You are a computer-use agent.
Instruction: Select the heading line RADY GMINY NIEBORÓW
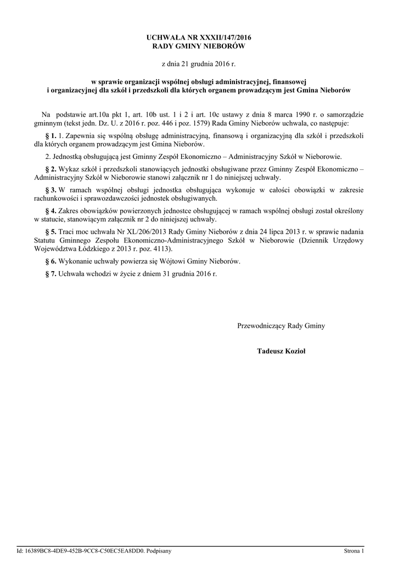199,46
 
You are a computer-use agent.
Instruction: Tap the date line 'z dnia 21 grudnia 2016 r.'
199,64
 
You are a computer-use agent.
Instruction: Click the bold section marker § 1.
50,135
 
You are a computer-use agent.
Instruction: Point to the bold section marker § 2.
50,169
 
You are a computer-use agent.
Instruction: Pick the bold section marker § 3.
50,190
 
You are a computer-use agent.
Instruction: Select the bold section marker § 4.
50,211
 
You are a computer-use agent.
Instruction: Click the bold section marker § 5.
50,231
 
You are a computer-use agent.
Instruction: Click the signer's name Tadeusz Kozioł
281,350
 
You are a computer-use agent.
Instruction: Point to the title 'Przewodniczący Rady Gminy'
281,326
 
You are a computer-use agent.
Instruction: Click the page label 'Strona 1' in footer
354,550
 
